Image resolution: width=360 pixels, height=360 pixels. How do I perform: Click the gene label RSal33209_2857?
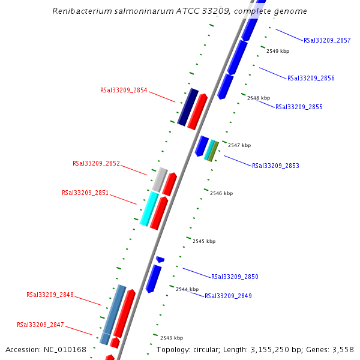coord(327,40)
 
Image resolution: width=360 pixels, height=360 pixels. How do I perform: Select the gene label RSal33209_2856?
coord(311,78)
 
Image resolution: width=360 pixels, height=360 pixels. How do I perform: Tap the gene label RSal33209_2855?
coord(299,107)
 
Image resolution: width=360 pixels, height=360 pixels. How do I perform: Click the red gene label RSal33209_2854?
coord(124,90)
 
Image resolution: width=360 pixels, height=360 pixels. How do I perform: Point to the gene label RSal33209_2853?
coord(275,166)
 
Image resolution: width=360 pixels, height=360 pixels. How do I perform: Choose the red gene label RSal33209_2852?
coord(96,163)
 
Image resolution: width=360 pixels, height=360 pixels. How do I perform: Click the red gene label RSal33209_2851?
coord(85,193)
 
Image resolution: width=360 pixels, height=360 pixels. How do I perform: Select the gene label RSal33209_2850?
coord(235,277)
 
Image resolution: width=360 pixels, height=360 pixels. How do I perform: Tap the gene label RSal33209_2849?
coord(228,296)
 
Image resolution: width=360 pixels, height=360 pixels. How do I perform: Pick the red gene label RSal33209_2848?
coord(50,295)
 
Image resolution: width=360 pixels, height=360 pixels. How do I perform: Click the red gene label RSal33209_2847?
coord(40,325)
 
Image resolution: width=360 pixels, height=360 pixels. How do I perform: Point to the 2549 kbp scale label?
coord(278,51)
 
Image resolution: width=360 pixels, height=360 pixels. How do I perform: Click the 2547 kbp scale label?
coord(239,145)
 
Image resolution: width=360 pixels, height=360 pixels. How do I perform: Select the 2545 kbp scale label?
coord(204,241)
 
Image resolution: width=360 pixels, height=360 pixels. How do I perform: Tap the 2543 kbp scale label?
coord(172,338)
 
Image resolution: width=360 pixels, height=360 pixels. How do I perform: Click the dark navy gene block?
coord(188,107)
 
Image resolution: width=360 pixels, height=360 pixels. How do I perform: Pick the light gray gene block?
coord(160,179)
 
